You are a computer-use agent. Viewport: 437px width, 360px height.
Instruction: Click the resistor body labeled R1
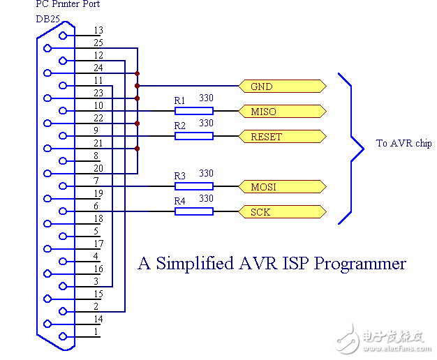click(193, 111)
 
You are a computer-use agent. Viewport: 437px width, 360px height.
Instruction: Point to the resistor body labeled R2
click(193, 136)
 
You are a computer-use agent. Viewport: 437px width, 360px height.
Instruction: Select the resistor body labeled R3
click(193, 186)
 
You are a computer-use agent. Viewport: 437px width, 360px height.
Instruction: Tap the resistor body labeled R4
click(193, 211)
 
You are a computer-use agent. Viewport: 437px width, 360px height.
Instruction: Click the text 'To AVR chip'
click(403, 144)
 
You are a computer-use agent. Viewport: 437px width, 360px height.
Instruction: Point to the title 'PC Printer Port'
click(68, 5)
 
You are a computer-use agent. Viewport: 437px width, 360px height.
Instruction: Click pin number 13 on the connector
click(98, 31)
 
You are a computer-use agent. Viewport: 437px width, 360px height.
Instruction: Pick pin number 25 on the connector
click(98, 43)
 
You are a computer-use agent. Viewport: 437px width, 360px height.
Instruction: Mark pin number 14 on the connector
click(98, 320)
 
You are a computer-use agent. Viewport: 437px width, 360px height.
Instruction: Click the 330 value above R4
click(206, 198)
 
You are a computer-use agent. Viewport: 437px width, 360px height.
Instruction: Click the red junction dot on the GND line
click(138, 87)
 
